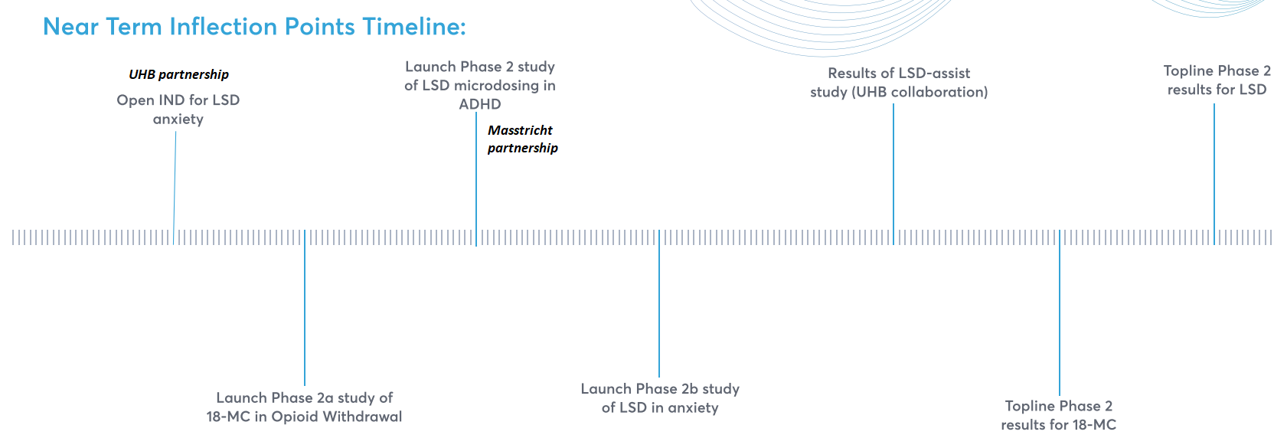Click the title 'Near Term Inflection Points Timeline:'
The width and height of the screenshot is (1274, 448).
tap(254, 27)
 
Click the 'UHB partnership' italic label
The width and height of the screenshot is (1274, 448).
tap(178, 74)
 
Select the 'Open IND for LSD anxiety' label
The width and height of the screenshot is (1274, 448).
tap(178, 110)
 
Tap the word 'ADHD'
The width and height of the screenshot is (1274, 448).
tap(480, 104)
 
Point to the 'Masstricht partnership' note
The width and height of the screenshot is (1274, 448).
tap(522, 139)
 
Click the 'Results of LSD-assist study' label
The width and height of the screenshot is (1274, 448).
tap(899, 83)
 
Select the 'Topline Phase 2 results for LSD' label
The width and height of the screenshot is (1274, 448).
tap(1217, 80)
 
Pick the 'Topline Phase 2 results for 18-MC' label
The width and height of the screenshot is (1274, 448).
tap(1059, 415)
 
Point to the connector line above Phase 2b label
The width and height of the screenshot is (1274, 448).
tap(659, 306)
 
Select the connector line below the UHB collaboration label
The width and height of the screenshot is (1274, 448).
tap(893, 168)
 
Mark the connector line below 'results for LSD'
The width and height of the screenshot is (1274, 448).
tap(1214, 168)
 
